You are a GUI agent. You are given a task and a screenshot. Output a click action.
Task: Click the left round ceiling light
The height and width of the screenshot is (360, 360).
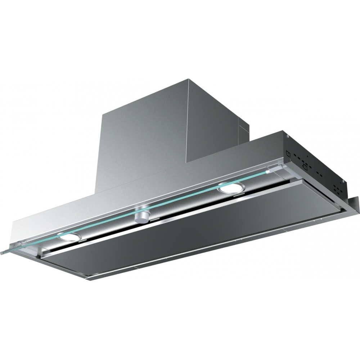tap(70, 237)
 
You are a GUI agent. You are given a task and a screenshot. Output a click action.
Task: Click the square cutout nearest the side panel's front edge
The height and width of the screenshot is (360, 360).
tap(288, 153)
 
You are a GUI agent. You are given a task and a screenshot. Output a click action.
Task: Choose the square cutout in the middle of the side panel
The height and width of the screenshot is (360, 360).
tap(305, 167)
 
